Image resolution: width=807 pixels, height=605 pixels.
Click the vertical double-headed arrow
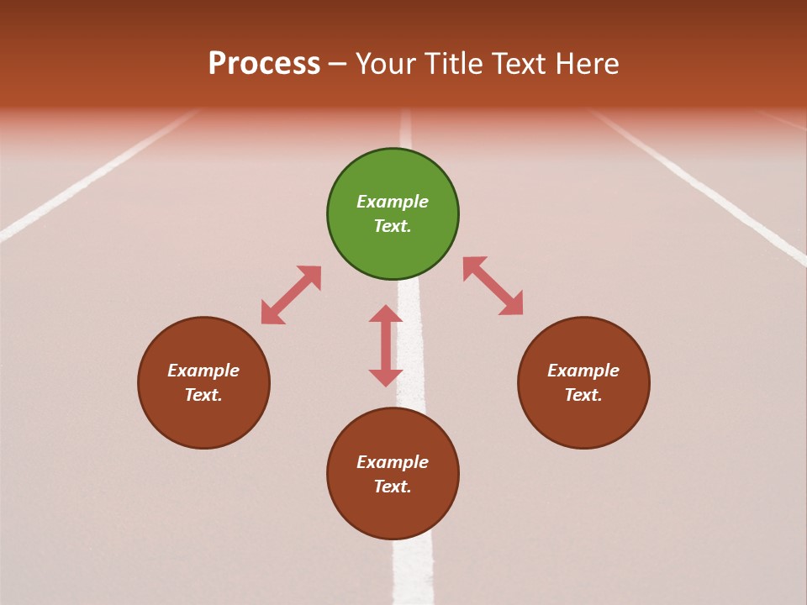pos(386,345)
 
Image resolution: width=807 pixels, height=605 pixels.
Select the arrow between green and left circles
pos(291,295)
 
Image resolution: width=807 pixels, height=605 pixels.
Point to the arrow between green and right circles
pos(493,286)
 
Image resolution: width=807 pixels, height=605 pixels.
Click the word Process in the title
pos(264,64)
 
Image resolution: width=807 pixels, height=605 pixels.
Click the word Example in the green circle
pos(393,202)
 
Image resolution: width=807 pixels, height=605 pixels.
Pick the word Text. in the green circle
pos(393,226)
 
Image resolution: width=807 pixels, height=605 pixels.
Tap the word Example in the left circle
pos(203,371)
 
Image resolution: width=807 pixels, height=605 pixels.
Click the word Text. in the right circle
pos(583,395)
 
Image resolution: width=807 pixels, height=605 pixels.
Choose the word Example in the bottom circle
pos(393,462)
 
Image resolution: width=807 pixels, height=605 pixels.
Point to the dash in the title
pos(337,64)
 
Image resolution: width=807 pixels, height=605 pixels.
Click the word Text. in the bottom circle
pos(393,487)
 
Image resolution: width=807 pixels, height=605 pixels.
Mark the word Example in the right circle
pos(583,371)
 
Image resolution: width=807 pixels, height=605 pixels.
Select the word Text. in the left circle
pos(203,395)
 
